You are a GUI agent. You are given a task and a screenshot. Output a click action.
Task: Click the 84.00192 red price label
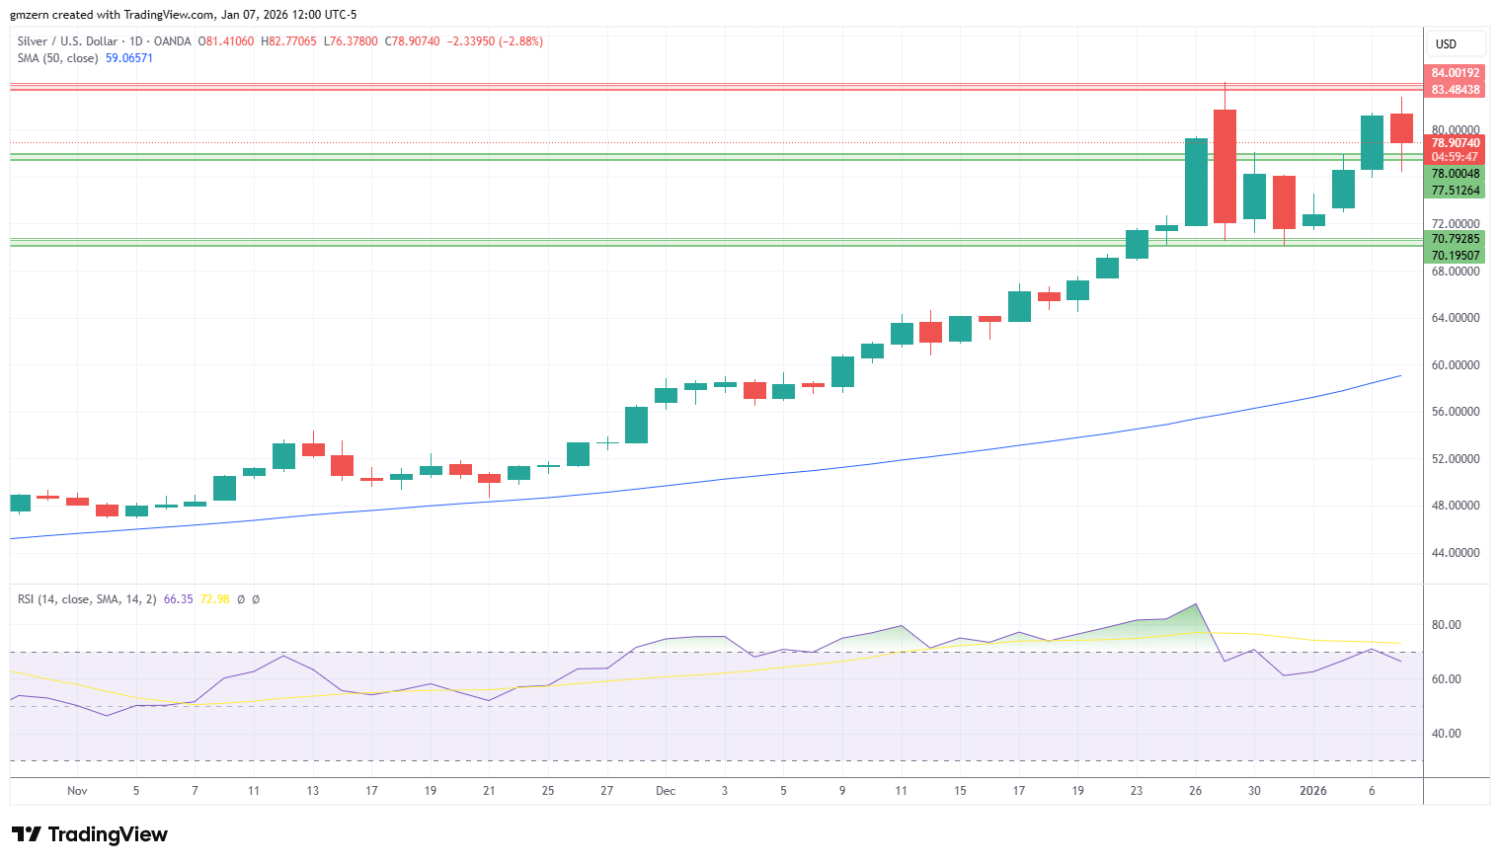click(1455, 73)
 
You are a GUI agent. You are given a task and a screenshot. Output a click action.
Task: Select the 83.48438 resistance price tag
click(1455, 90)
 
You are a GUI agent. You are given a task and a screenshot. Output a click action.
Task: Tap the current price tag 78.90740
click(1455, 142)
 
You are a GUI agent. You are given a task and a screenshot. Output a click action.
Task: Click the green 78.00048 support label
click(1455, 174)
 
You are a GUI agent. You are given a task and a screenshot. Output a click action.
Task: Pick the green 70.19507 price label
click(1455, 255)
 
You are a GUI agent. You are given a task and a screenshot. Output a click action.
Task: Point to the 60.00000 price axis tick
click(1455, 365)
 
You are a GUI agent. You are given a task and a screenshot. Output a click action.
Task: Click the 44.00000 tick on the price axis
click(1455, 553)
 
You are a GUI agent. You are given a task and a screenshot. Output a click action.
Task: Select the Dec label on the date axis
click(666, 791)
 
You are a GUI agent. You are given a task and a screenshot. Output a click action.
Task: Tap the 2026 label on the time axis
click(1313, 791)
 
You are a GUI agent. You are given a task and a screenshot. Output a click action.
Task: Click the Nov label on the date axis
click(77, 791)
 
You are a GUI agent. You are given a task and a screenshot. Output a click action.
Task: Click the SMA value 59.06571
click(129, 58)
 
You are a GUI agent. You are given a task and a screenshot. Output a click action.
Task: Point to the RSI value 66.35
click(178, 599)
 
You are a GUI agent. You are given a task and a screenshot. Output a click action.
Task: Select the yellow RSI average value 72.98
click(214, 599)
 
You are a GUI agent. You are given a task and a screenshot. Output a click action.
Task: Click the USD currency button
click(1447, 44)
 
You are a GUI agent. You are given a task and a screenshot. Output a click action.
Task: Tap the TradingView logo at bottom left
click(90, 834)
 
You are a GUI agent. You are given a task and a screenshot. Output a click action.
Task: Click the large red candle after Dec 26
click(1224, 166)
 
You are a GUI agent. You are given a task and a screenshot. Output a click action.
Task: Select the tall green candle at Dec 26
click(1196, 182)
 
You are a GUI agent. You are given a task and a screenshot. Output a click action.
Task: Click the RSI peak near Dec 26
click(1195, 604)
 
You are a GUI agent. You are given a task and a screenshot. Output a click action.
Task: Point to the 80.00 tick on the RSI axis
click(1446, 625)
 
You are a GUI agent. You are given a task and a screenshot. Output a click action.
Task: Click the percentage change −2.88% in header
click(521, 41)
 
